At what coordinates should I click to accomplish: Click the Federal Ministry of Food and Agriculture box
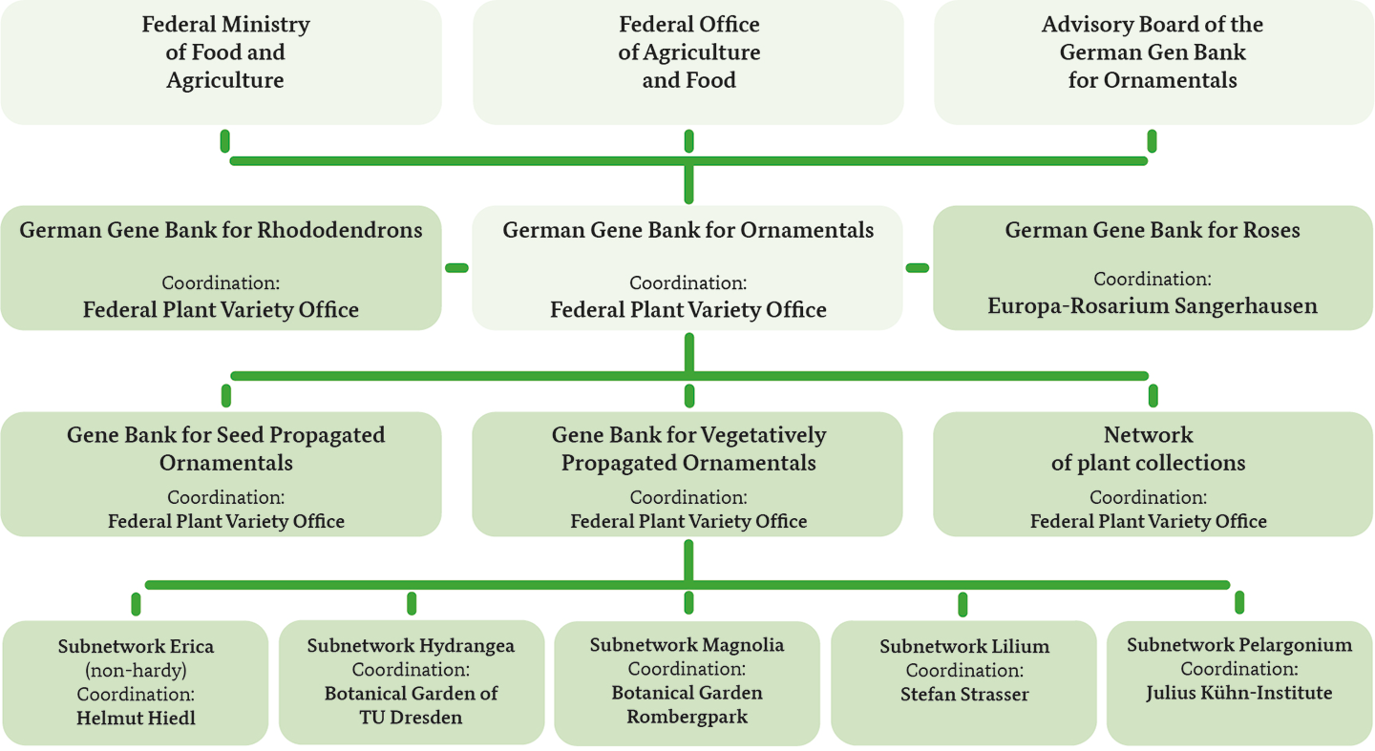click(x=221, y=62)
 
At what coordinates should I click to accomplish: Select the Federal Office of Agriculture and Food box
click(x=688, y=62)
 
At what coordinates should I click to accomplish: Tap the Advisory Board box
click(x=1153, y=62)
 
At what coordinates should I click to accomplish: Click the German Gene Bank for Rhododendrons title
click(x=221, y=230)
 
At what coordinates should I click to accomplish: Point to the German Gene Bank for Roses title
click(x=1153, y=230)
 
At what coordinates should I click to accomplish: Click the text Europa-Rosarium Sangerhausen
click(x=1153, y=305)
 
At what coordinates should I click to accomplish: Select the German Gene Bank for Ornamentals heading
click(x=688, y=230)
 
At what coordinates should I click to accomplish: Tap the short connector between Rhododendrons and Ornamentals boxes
click(x=456, y=267)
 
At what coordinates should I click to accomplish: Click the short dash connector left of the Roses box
click(x=918, y=267)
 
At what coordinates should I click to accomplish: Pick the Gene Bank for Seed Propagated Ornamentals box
click(x=221, y=474)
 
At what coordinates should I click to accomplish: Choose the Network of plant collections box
click(x=1153, y=474)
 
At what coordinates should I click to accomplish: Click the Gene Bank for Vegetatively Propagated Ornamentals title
click(x=688, y=449)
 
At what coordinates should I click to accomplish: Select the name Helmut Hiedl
click(x=136, y=718)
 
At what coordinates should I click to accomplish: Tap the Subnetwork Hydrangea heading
click(x=411, y=645)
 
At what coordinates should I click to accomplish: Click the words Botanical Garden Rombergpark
click(x=687, y=704)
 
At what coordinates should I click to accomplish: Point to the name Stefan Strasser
click(x=964, y=694)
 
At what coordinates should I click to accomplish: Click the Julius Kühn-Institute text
click(x=1238, y=693)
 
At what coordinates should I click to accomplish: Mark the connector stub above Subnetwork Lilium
click(x=962, y=604)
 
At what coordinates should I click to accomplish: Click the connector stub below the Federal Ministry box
click(x=224, y=141)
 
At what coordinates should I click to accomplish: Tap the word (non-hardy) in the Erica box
click(x=136, y=670)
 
